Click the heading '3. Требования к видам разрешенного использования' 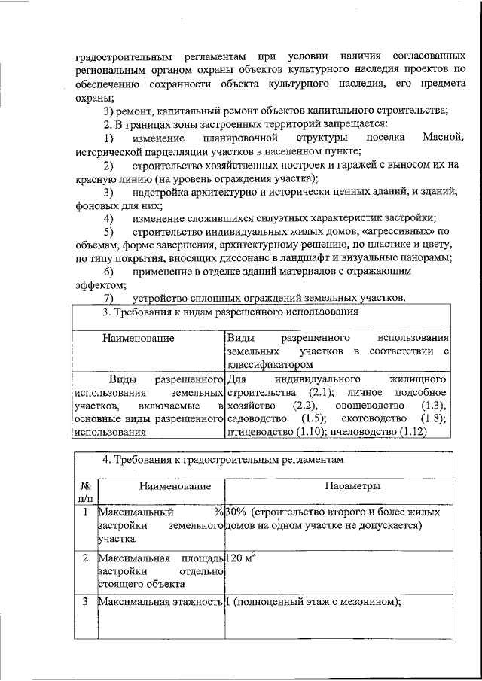click(x=229, y=312)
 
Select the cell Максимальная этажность click(x=160, y=602)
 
